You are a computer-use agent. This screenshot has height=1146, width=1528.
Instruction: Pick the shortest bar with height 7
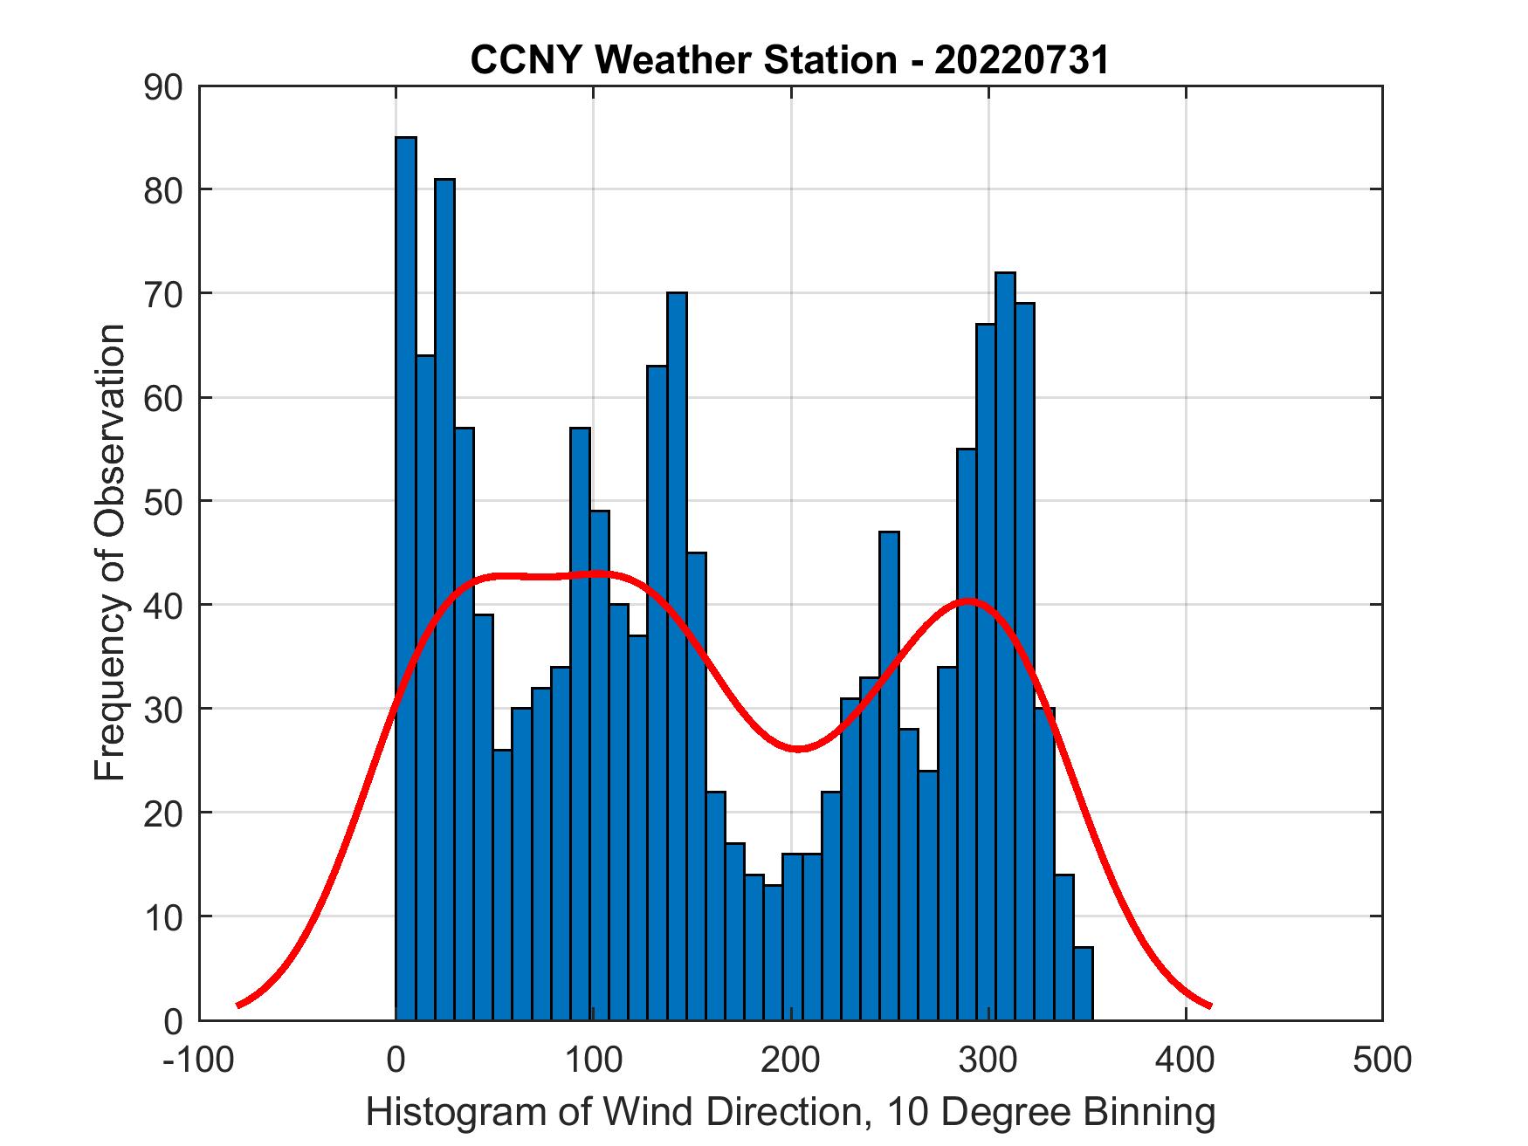(1083, 984)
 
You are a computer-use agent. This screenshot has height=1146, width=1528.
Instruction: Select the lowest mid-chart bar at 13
(773, 952)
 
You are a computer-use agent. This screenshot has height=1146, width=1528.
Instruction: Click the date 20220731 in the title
(1022, 60)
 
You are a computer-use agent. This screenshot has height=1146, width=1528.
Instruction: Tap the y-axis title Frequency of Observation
(111, 552)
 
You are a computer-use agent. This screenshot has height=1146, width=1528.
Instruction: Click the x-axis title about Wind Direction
(790, 1112)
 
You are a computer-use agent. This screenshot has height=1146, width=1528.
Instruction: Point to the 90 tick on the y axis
(163, 87)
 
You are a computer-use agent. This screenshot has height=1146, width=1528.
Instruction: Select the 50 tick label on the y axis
(163, 502)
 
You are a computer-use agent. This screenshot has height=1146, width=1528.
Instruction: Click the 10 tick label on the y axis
(163, 916)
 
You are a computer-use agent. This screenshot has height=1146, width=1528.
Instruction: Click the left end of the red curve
(238, 1005)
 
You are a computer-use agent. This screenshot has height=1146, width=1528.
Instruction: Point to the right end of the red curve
(1210, 1005)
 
